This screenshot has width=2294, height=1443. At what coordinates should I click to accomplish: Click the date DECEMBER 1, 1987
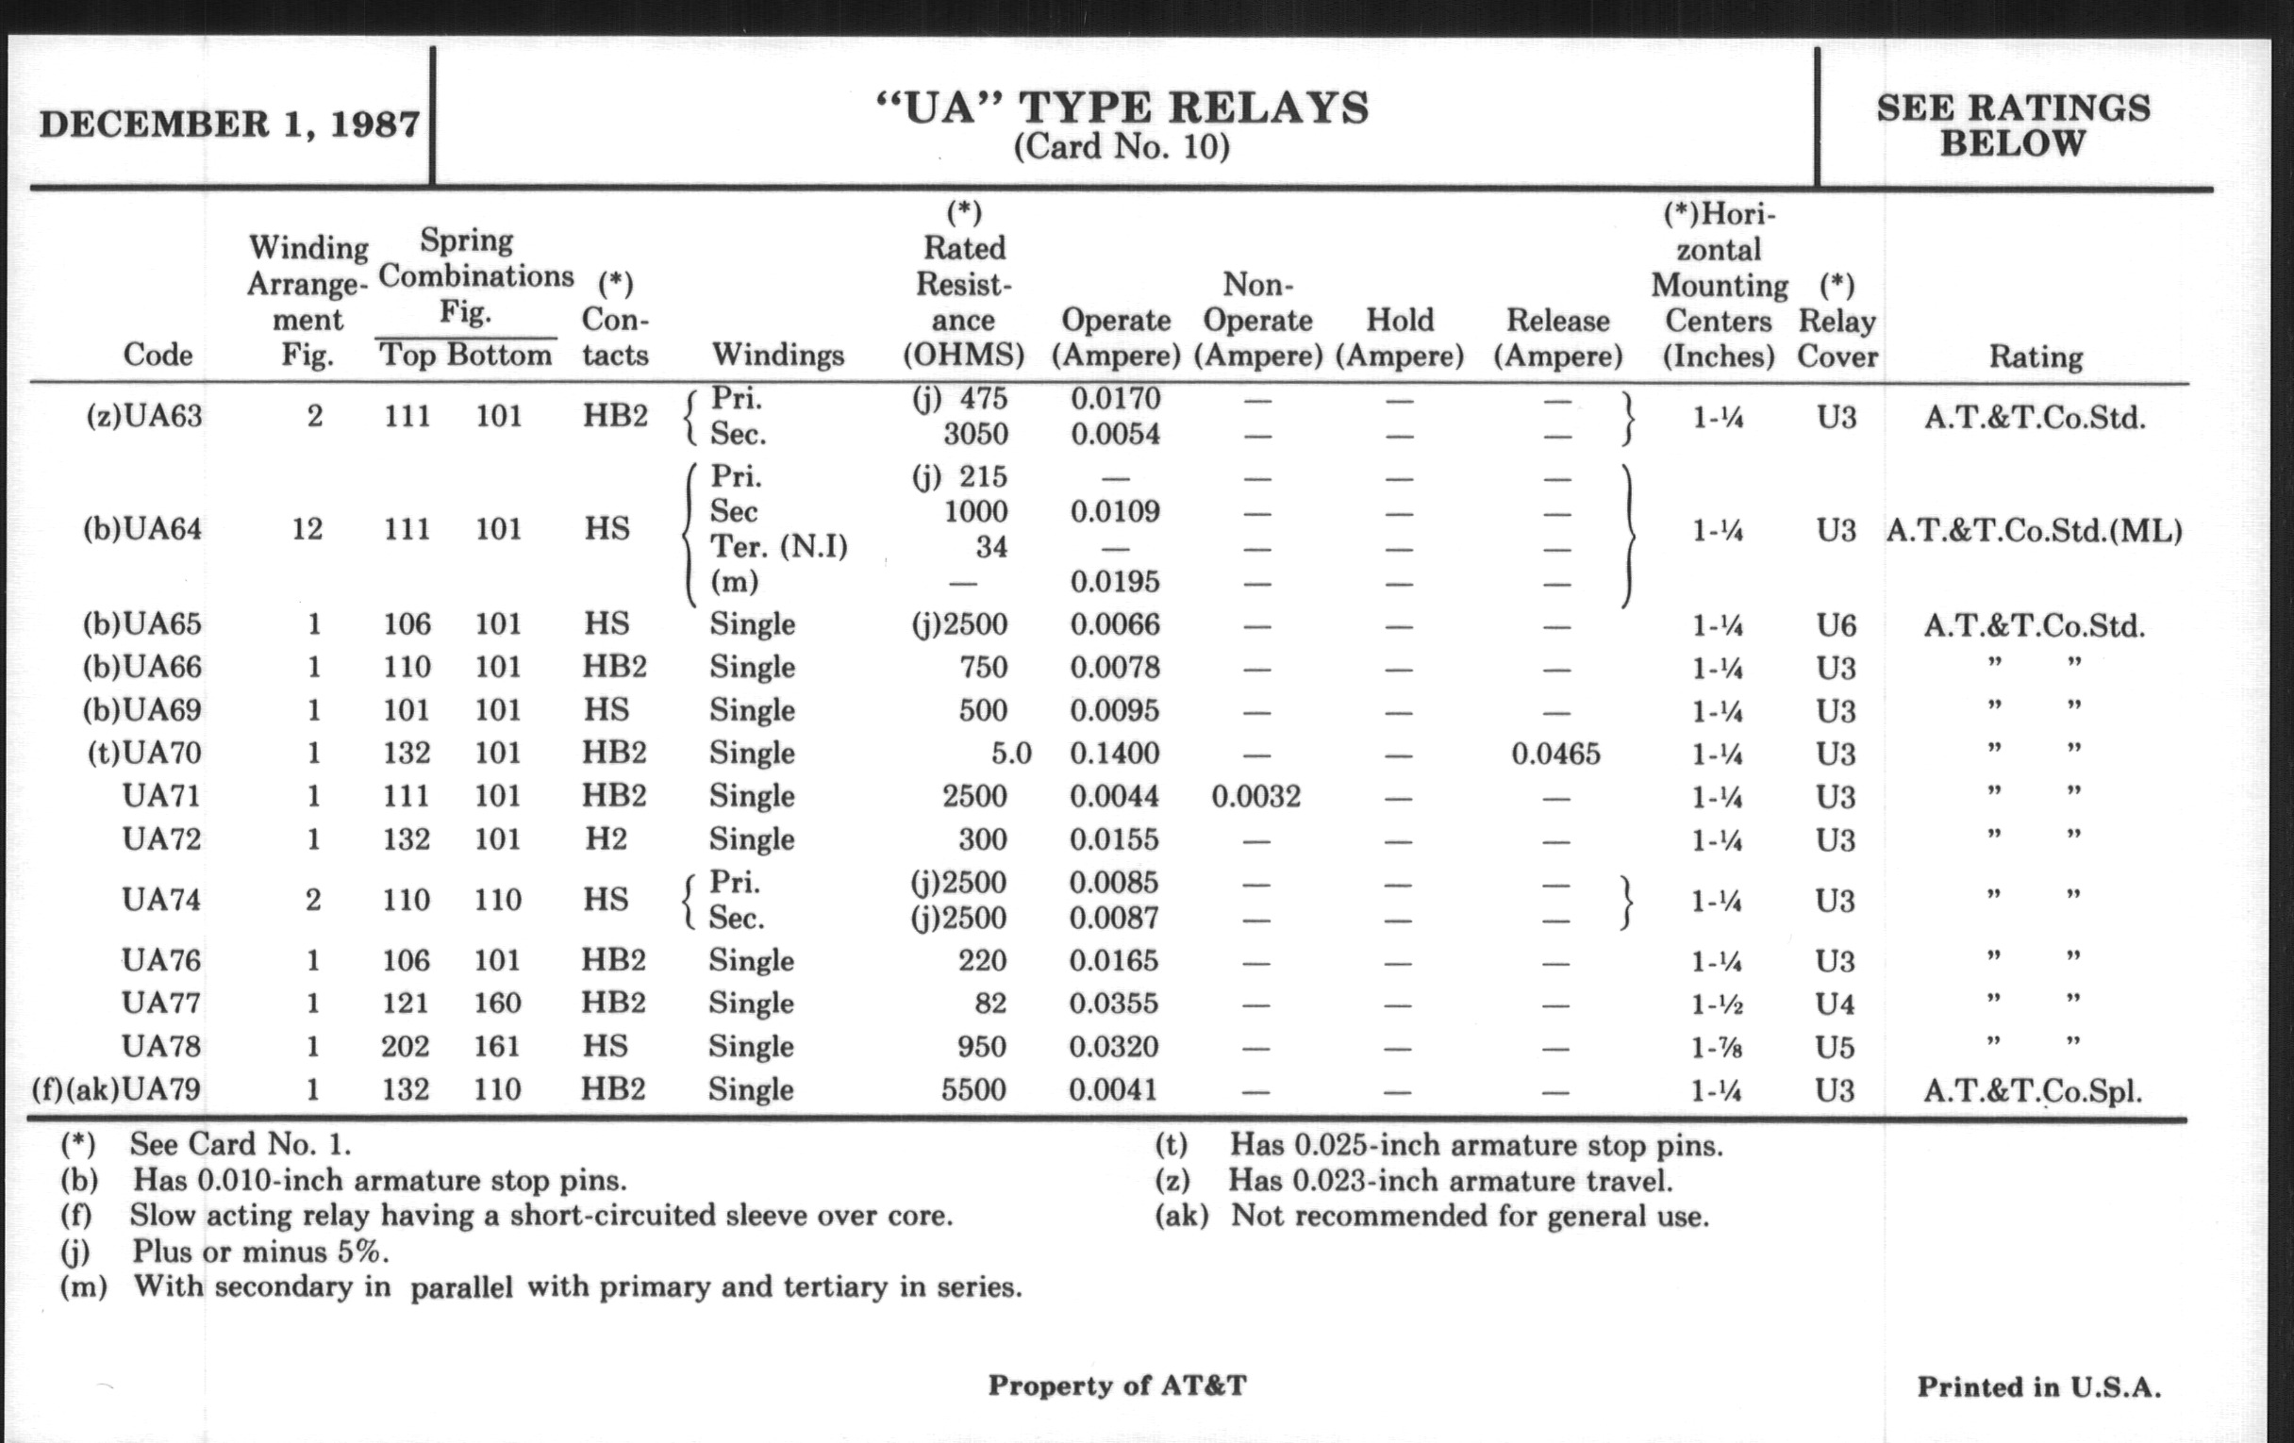click(228, 124)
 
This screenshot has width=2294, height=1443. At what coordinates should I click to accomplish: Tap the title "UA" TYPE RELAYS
click(1122, 108)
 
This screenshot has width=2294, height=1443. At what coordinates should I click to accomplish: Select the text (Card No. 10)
click(1122, 147)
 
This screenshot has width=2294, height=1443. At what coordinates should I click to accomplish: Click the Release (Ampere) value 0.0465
click(1555, 755)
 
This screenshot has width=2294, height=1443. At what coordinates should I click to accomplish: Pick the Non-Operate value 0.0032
click(1255, 796)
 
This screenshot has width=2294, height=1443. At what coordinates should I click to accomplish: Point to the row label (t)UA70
click(144, 754)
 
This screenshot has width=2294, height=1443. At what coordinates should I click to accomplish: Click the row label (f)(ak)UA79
click(116, 1088)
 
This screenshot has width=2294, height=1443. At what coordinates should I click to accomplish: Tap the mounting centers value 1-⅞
click(1718, 1048)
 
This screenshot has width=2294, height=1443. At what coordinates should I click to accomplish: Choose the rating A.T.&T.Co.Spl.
click(2033, 1090)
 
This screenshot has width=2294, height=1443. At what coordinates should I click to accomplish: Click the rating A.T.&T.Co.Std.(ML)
click(2034, 531)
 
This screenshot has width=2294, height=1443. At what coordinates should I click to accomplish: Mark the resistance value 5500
click(973, 1089)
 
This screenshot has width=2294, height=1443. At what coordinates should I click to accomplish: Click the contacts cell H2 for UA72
click(606, 839)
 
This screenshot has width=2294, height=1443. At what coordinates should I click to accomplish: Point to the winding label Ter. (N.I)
click(778, 547)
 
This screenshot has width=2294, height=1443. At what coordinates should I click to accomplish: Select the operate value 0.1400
click(1115, 754)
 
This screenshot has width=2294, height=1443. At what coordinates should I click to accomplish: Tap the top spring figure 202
click(405, 1047)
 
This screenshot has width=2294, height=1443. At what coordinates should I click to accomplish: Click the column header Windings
click(777, 356)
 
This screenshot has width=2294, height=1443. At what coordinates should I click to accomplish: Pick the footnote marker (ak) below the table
click(1181, 1217)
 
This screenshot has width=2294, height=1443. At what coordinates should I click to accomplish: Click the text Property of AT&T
click(1117, 1385)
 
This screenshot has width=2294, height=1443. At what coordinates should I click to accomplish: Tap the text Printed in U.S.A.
click(2038, 1386)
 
